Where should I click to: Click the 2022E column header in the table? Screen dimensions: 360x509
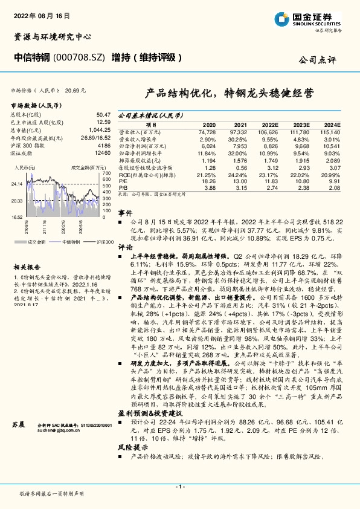[269, 123]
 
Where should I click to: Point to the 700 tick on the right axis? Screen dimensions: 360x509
[106, 173]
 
